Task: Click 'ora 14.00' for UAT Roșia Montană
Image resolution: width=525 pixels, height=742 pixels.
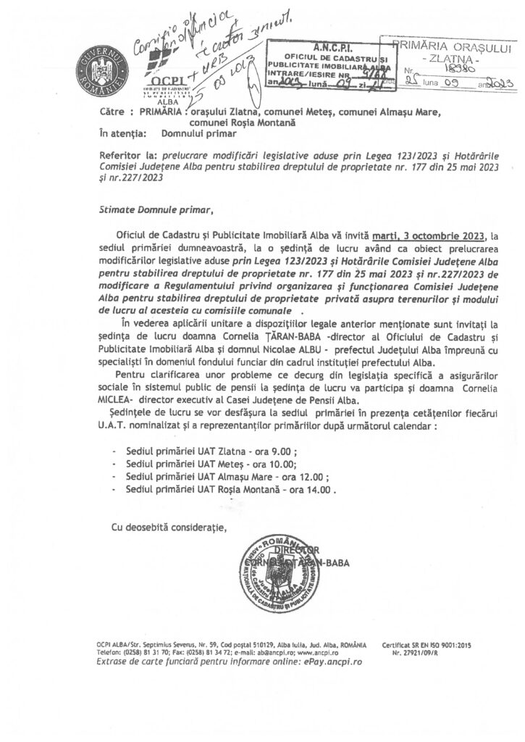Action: pos(316,491)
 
